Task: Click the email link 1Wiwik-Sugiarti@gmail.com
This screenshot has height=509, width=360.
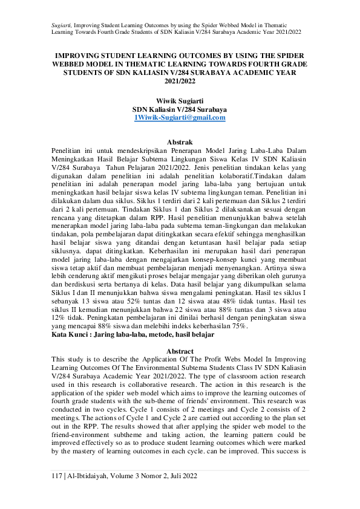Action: [x=180, y=118]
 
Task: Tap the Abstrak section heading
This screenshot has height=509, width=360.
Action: [x=180, y=140]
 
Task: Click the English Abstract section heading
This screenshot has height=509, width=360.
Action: [x=180, y=351]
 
